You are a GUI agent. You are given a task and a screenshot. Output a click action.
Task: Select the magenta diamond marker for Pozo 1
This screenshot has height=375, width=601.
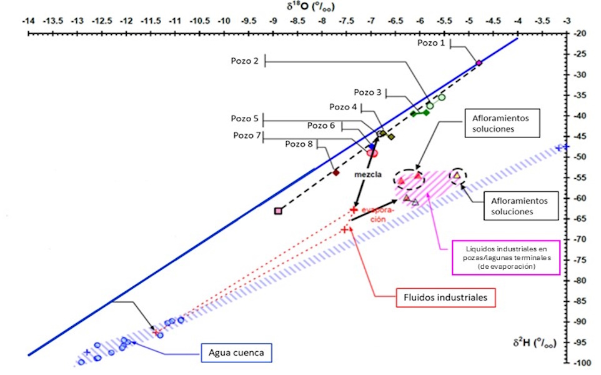pyautogui.click(x=479, y=63)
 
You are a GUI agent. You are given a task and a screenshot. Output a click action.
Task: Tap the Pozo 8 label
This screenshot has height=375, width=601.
pyautogui.click(x=299, y=144)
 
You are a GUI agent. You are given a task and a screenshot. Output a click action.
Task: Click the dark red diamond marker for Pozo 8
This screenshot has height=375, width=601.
pyautogui.click(x=335, y=172)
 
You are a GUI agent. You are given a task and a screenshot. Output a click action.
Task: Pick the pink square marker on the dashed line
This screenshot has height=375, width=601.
pyautogui.click(x=278, y=211)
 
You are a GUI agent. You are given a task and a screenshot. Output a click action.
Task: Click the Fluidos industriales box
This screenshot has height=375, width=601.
pyautogui.click(x=446, y=298)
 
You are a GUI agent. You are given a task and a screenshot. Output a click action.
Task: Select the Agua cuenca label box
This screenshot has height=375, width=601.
pyautogui.click(x=236, y=353)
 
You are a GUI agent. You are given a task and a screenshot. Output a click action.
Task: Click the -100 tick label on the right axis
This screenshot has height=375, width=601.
pyautogui.click(x=582, y=362)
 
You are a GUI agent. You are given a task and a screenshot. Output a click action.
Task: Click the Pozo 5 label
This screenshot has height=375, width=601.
pyautogui.click(x=244, y=118)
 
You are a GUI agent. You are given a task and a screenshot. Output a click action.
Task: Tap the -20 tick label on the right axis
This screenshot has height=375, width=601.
pyautogui.click(x=582, y=33)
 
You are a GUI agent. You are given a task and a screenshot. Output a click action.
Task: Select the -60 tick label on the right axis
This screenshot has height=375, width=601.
pyautogui.click(x=582, y=198)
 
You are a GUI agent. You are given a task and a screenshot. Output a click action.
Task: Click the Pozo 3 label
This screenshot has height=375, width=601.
pyautogui.click(x=367, y=92)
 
